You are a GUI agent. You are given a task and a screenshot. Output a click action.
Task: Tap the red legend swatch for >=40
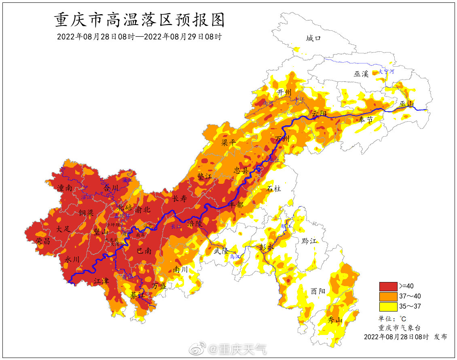coord(388,286)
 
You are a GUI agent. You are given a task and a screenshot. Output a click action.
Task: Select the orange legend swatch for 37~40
coord(388,296)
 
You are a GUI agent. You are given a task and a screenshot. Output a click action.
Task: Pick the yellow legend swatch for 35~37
coord(388,306)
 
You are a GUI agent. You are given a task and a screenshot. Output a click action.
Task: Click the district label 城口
coord(313,38)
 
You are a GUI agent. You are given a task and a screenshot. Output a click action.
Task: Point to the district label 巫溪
coord(361,74)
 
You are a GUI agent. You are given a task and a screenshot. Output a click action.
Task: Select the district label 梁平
coord(229,143)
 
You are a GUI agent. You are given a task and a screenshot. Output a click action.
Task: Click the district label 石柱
coord(274,188)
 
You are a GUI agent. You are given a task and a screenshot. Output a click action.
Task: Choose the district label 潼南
coord(65,188)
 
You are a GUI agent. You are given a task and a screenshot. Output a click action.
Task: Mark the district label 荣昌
coord(43,241)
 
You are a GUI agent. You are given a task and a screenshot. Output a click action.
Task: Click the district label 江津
coord(102,281)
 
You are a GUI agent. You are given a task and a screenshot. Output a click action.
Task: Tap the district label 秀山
coord(334,320)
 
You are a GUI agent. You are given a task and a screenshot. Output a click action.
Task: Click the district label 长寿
coord(180,199)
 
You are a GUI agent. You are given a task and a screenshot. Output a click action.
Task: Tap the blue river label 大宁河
coord(386,72)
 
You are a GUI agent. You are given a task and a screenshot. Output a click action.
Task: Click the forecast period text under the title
coord(139,37)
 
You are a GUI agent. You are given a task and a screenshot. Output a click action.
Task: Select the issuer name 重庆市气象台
coord(399,328)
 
